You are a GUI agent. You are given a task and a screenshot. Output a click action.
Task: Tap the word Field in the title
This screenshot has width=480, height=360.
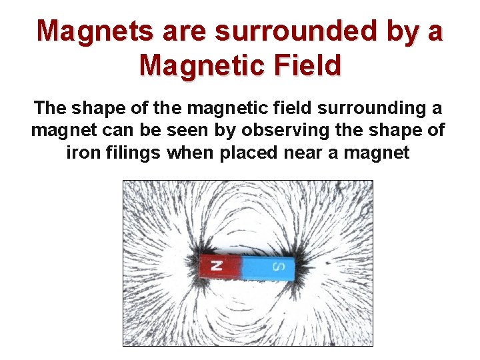pos(306,65)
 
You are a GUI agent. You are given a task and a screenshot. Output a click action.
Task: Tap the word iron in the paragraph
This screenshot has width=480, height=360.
pos(84,153)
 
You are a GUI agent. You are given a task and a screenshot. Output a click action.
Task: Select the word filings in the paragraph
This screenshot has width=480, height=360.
pos(133,153)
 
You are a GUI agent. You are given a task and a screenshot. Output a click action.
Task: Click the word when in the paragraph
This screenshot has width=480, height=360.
pos(187,153)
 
